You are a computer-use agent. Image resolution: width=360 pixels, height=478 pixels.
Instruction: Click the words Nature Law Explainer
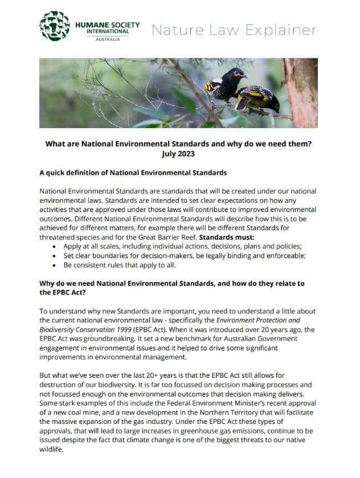234,29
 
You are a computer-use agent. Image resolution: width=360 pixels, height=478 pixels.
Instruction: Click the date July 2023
180,154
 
